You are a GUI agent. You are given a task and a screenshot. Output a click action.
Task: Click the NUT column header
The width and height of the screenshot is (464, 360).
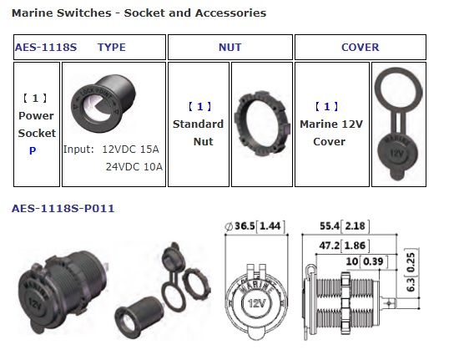coord(230,47)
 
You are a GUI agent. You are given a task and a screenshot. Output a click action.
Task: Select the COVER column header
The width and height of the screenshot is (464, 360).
coord(361,47)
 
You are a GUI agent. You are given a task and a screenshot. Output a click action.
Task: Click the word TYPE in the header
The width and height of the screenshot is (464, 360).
coord(112,47)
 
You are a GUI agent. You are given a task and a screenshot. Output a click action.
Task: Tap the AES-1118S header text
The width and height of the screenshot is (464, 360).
coord(46,47)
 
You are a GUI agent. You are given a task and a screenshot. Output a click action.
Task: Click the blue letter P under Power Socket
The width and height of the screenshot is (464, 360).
coord(33,151)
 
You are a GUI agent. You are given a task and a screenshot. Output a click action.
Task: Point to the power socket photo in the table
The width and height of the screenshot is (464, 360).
coord(103,104)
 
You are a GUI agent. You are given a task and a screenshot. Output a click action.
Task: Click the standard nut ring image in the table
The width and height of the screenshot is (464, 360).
coord(261,124)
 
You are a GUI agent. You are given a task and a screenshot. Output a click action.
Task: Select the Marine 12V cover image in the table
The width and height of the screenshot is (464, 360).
coord(398,124)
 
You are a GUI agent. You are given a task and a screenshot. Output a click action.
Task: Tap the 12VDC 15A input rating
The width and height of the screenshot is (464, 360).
coord(130,149)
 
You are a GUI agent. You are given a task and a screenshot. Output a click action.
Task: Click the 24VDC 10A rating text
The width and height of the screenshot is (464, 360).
coord(134,167)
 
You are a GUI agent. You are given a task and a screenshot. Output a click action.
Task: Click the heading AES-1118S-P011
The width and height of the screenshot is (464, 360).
coord(63,208)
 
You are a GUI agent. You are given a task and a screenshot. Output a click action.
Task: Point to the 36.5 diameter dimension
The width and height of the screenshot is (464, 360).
coord(255,226)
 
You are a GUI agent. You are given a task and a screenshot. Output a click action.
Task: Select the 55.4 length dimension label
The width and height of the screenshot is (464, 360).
coord(345,226)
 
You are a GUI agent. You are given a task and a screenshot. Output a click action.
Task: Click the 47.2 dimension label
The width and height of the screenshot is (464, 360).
coord(345,246)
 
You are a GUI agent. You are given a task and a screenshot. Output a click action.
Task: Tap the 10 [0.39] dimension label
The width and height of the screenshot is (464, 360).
coord(366,261)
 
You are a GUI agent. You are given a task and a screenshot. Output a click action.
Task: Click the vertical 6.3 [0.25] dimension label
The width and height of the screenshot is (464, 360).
coord(411,271)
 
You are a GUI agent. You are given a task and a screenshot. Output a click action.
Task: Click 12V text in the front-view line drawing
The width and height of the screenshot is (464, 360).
coord(256,303)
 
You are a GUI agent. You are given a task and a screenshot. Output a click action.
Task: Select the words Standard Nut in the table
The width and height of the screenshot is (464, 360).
coord(198,133)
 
